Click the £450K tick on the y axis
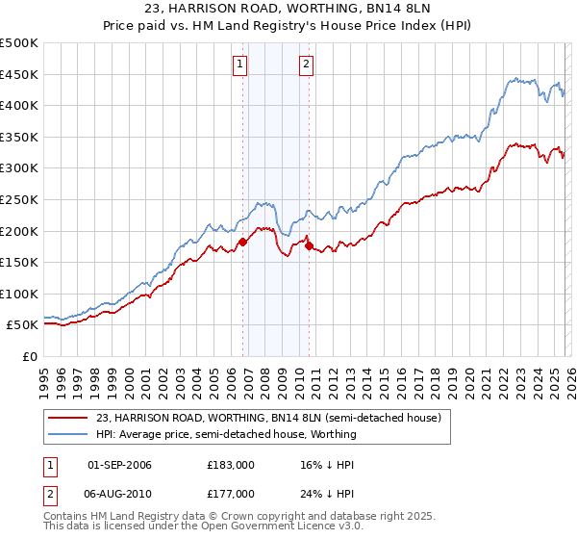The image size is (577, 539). [x=19, y=74]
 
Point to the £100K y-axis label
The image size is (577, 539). [x=19, y=294]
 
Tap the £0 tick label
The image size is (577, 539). [x=31, y=356]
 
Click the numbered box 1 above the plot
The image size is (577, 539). [x=238, y=64]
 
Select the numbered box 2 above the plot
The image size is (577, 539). [x=306, y=64]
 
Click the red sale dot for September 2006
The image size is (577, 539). [x=242, y=242]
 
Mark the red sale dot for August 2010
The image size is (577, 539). [x=309, y=245]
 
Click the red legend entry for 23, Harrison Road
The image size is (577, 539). [x=268, y=418]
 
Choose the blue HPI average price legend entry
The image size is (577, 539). [x=226, y=434]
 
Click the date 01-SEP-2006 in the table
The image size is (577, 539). [x=120, y=464]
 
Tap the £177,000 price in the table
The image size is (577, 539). [x=231, y=493]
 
